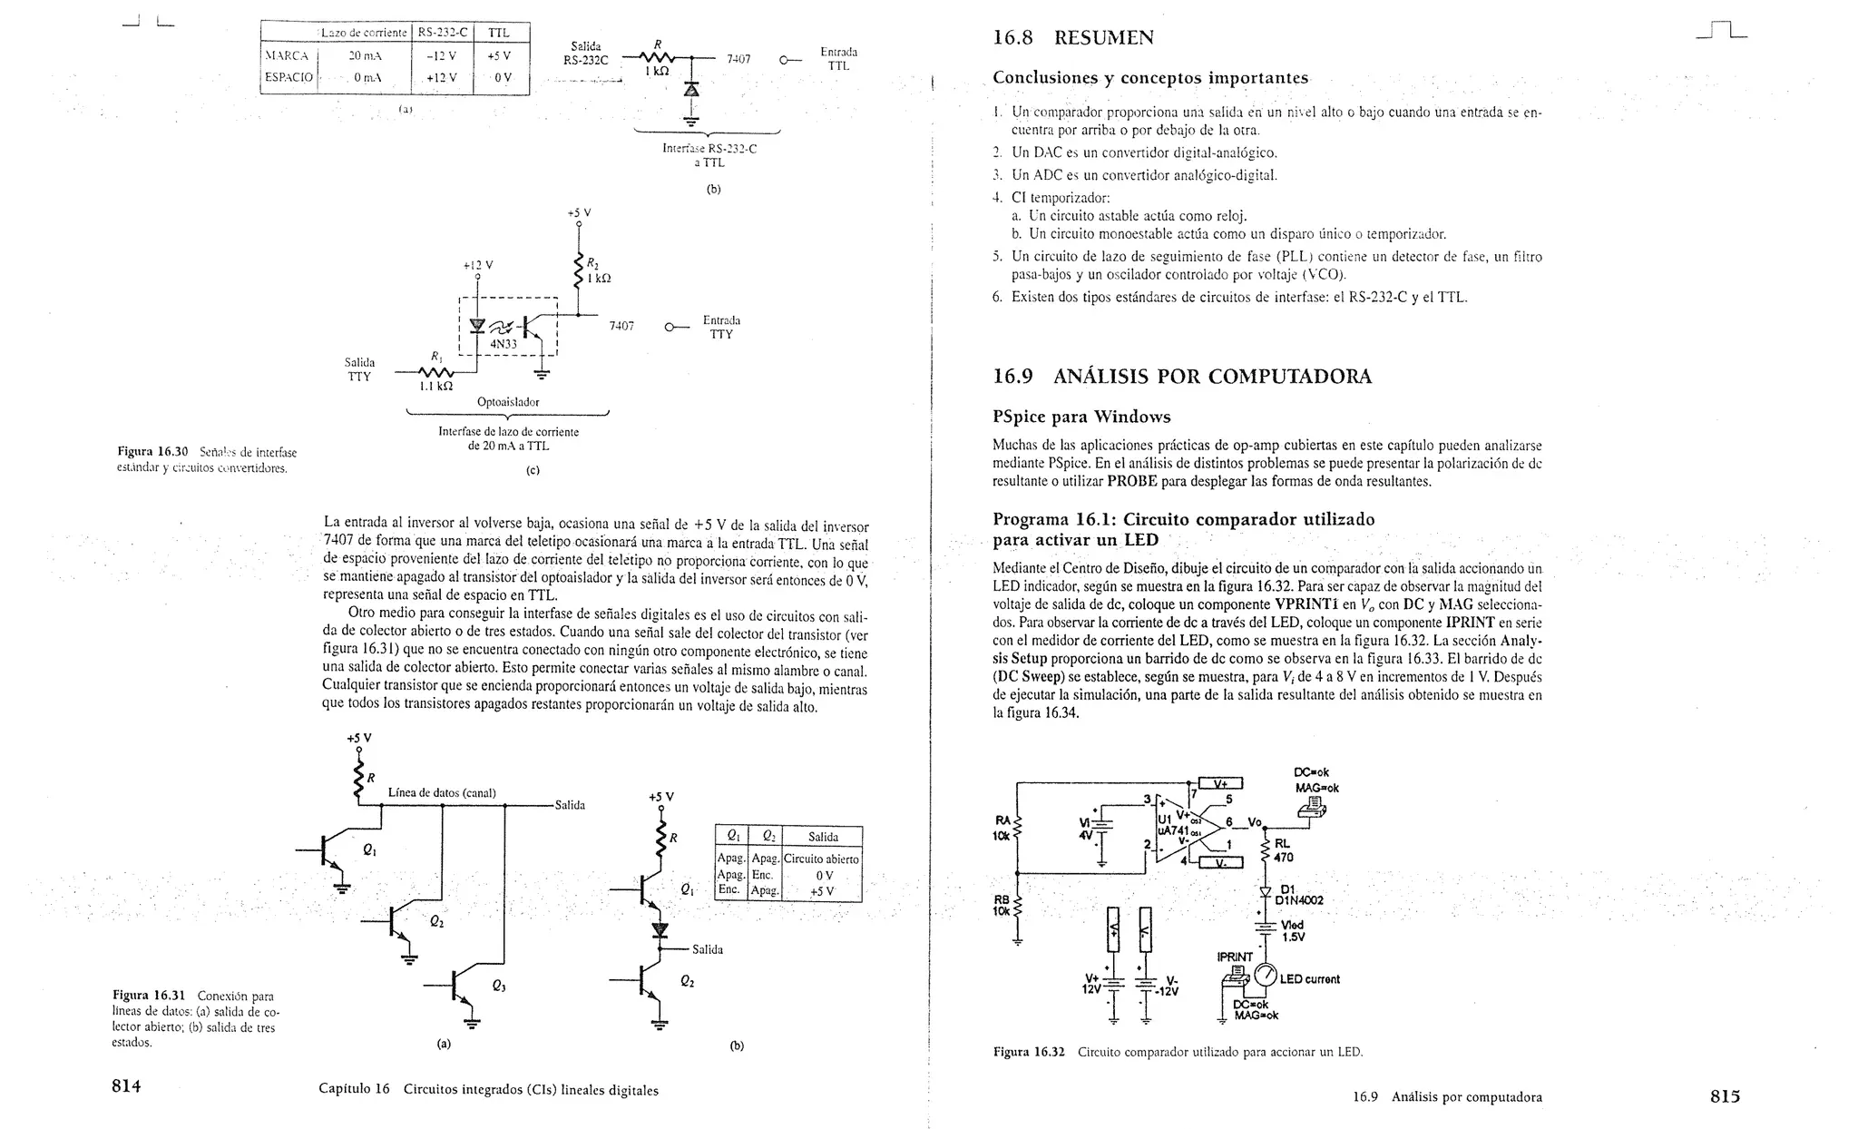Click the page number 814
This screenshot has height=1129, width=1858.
[x=126, y=1086]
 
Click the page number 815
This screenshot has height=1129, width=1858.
[x=1725, y=1095]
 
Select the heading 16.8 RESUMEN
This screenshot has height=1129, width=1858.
[x=1073, y=38]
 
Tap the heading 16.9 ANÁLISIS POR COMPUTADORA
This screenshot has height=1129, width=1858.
[x=1182, y=377]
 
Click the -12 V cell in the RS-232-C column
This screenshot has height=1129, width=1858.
[x=441, y=55]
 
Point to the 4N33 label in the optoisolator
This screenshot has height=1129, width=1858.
[x=504, y=344]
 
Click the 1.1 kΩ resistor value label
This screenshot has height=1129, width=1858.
[x=436, y=386]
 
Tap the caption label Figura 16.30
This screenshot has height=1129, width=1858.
[x=152, y=451]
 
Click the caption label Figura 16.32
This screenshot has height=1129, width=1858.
[x=1029, y=1052]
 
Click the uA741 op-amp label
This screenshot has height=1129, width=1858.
[x=1174, y=831]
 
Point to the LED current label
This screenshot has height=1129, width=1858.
[x=1310, y=979]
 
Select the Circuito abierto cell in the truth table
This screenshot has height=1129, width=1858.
[x=822, y=859]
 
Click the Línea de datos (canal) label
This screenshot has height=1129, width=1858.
[x=442, y=792]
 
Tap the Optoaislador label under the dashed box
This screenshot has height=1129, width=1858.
[x=508, y=402]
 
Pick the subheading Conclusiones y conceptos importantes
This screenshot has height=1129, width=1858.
[x=1150, y=78]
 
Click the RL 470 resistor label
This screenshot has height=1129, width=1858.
[x=1284, y=850]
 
